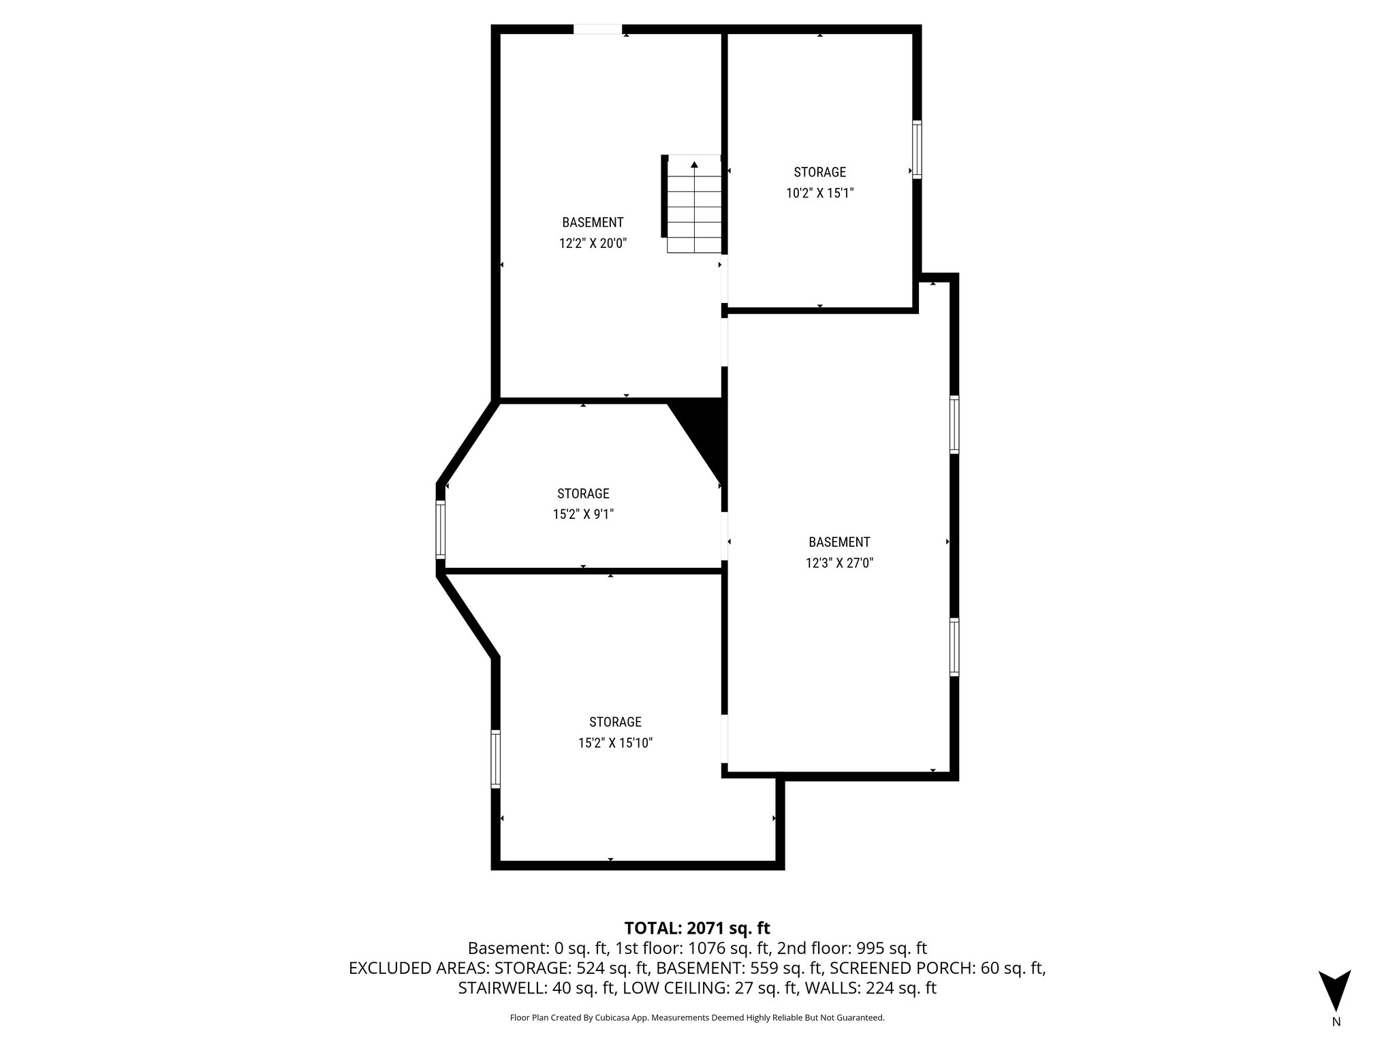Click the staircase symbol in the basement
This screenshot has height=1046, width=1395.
coord(693,204)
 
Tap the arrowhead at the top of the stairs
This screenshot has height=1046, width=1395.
coord(694,164)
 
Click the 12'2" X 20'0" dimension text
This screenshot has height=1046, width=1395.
coord(593,243)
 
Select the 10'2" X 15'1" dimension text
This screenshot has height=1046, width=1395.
coord(819,193)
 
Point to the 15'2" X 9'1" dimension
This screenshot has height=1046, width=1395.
coord(583,514)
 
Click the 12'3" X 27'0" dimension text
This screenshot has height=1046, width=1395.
coord(839,563)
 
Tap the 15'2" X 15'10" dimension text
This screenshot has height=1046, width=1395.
coord(615,743)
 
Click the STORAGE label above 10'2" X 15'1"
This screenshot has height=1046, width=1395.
coord(819,172)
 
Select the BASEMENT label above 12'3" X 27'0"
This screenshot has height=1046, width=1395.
coord(839,542)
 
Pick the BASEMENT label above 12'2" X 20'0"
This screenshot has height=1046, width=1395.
coord(593,222)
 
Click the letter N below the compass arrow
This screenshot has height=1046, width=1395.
coord(1336,1021)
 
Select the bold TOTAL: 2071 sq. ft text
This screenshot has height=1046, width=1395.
coord(697,928)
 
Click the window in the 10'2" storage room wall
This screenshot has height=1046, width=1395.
coord(917,150)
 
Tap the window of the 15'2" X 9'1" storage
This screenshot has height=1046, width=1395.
coord(441,530)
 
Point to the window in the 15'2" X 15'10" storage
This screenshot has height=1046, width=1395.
coord(496,759)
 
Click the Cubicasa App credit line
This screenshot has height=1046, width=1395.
coord(697,1017)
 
